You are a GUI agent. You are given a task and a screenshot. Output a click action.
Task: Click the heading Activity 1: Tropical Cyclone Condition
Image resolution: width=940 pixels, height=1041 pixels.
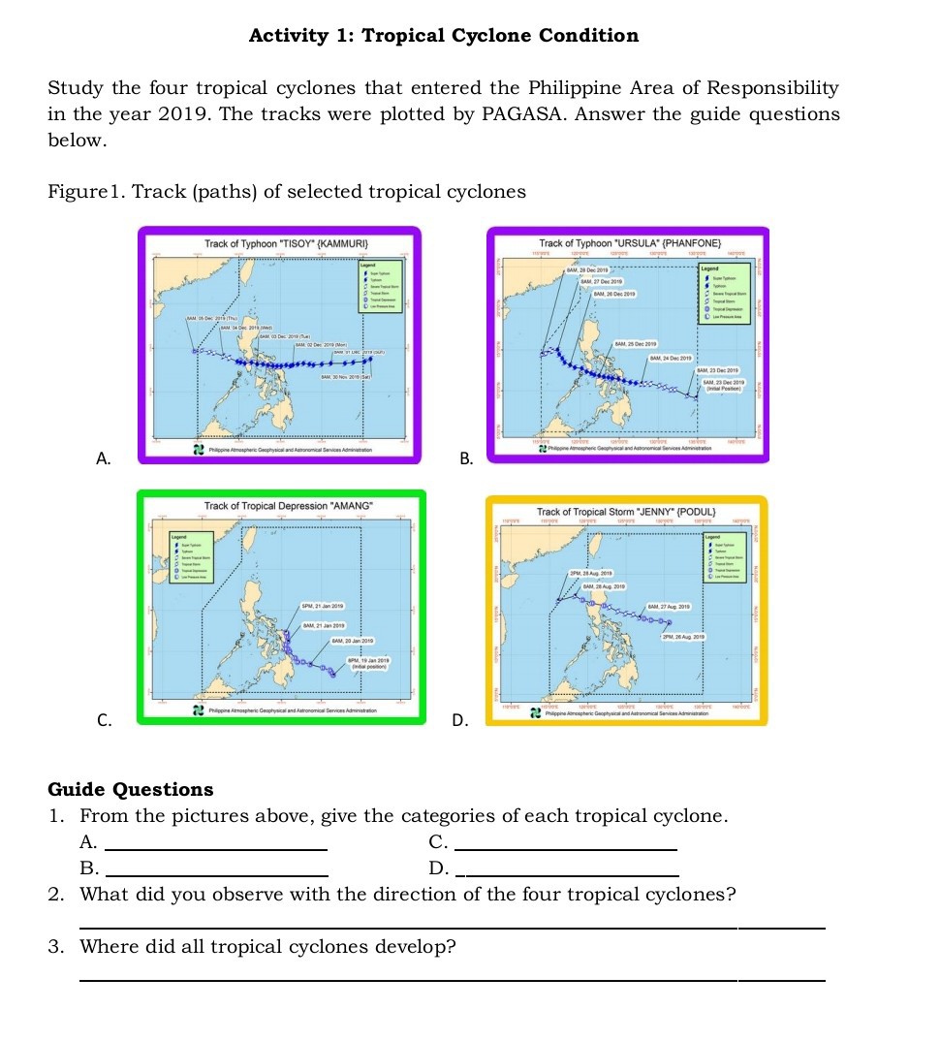444,36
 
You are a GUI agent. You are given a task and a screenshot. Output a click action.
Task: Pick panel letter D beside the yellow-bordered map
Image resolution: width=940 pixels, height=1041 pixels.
460,720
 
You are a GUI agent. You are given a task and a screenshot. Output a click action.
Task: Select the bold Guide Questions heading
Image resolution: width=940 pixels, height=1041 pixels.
131,789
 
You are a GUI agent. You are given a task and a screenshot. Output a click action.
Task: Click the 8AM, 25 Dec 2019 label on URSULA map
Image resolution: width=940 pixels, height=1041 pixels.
636,344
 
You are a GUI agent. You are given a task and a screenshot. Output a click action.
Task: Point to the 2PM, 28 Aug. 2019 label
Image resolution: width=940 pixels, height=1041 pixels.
594,575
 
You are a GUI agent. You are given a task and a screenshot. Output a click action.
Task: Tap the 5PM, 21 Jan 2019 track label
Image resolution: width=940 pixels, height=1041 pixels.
325,606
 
